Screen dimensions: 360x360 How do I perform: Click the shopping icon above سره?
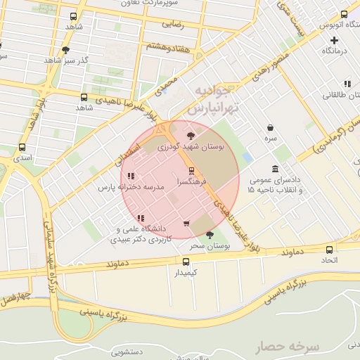271,127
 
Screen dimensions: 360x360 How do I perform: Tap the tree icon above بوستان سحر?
210,235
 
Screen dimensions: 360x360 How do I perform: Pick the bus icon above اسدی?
22,148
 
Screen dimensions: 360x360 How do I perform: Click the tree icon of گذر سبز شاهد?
65,50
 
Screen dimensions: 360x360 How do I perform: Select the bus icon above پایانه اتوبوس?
345,15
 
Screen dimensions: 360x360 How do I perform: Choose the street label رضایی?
173,23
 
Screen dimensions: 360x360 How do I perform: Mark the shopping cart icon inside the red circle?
186,224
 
